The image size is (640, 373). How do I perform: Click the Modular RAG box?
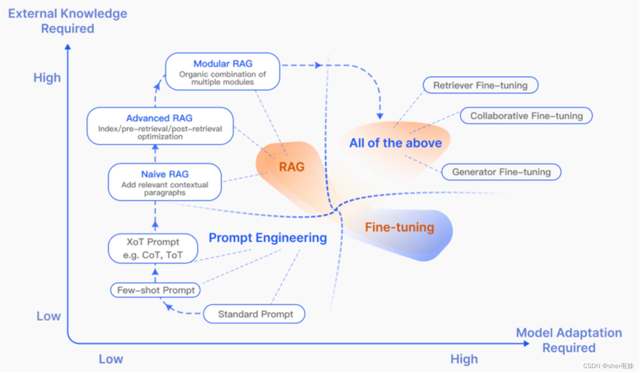click(x=222, y=71)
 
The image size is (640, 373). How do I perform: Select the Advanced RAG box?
click(x=160, y=126)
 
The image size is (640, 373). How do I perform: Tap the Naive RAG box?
click(x=165, y=182)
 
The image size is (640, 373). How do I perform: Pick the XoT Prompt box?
click(x=153, y=248)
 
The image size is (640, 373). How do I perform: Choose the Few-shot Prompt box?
click(x=155, y=290)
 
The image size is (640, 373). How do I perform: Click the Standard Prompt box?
click(x=254, y=314)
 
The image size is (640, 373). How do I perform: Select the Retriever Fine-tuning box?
click(x=480, y=85)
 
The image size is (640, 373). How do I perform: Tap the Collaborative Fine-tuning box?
click(x=526, y=116)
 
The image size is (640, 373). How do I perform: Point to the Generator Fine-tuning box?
click(x=501, y=172)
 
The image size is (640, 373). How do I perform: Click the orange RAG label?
click(x=291, y=167)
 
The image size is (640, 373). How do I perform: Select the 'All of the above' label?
click(x=395, y=143)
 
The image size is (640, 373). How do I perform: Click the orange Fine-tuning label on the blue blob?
click(x=399, y=227)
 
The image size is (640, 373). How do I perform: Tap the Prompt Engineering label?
click(x=268, y=238)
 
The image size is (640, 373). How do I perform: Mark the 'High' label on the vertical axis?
click(x=47, y=78)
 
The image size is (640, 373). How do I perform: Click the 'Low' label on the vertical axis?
click(x=49, y=316)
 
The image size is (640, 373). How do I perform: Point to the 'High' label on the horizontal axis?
click(x=464, y=359)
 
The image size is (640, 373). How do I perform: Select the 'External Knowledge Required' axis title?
click(x=67, y=21)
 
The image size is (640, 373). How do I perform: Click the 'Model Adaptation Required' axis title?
click(x=569, y=340)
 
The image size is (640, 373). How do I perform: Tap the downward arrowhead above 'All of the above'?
click(x=380, y=116)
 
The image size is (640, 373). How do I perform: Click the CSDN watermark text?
click(x=608, y=366)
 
